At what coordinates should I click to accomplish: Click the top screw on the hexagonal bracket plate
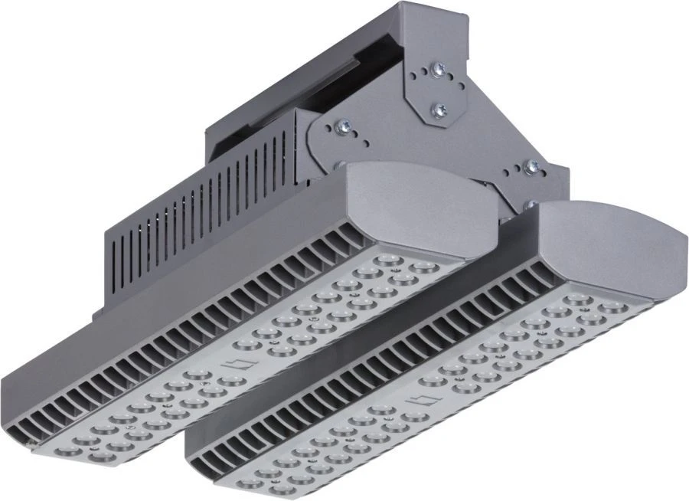(439, 70)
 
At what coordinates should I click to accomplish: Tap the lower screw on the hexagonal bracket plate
(439, 111)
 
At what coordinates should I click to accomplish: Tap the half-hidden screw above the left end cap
(338, 162)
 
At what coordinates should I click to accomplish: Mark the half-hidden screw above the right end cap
(530, 205)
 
